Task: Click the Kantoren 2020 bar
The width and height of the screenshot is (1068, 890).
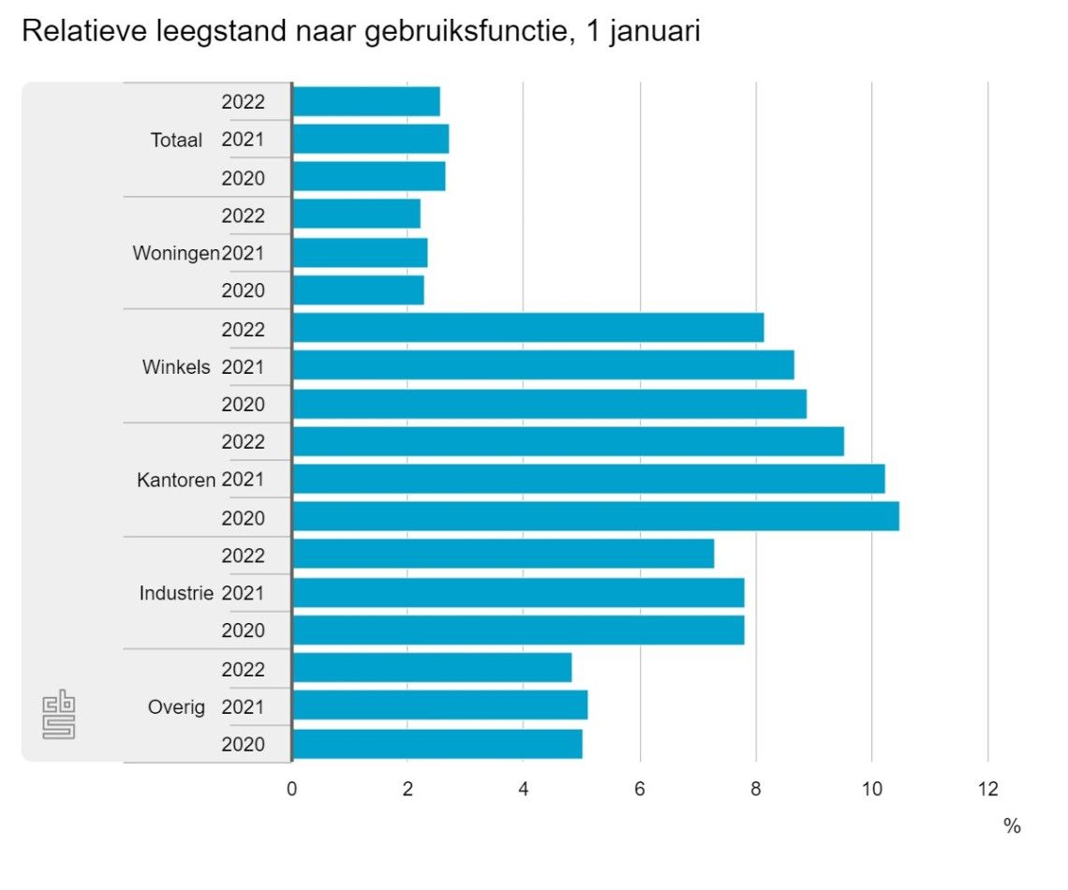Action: click(595, 516)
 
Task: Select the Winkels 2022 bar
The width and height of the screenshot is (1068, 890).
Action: click(527, 328)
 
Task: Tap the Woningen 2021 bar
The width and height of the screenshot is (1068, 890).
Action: click(360, 253)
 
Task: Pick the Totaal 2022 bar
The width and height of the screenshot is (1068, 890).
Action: click(365, 101)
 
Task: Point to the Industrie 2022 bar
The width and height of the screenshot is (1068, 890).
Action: click(503, 554)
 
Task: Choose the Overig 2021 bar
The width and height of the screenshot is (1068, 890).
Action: click(439, 705)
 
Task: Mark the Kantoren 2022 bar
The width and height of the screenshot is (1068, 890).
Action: click(568, 441)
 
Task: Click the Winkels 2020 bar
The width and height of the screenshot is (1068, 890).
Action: click(549, 404)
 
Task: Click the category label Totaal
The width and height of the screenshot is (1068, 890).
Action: click(176, 141)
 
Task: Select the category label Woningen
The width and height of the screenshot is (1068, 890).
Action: click(176, 253)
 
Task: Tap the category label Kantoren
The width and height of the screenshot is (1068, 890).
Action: click(176, 480)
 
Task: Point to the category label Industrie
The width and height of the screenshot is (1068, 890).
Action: click(176, 593)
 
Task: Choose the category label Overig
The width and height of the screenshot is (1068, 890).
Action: click(176, 706)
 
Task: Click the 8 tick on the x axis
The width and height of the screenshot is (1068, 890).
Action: click(755, 788)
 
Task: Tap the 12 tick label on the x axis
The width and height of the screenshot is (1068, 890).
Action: click(987, 788)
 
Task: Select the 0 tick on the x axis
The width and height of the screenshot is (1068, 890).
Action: click(292, 788)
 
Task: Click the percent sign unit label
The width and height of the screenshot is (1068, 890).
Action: click(1012, 826)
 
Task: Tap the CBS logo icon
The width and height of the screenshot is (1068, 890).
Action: click(59, 716)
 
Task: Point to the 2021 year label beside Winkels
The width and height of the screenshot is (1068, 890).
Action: click(243, 366)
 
